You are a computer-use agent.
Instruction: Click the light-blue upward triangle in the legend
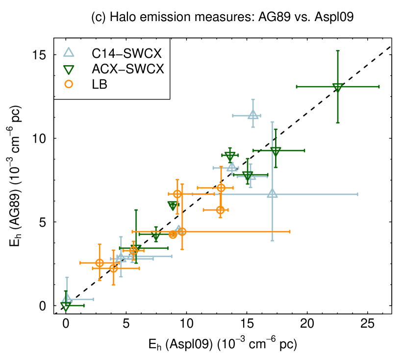pyautogui.click(x=69, y=52)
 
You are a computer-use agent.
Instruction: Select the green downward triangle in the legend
pyautogui.click(x=69, y=70)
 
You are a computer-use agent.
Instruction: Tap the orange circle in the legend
pyautogui.click(x=69, y=84)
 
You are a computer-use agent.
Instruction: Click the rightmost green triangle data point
pyautogui.click(x=337, y=87)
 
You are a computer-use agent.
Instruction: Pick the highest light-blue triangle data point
pyautogui.click(x=253, y=115)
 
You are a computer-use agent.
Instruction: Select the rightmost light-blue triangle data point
pyautogui.click(x=272, y=193)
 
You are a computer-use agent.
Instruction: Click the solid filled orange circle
pyautogui.click(x=173, y=235)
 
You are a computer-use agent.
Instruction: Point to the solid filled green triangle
pyautogui.click(x=173, y=205)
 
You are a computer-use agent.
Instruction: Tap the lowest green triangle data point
pyautogui.click(x=66, y=306)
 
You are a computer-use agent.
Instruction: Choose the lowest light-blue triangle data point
pyautogui.click(x=67, y=298)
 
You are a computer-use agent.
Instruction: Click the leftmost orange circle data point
pyautogui.click(x=100, y=263)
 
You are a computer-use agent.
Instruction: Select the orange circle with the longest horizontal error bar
pyautogui.click(x=182, y=232)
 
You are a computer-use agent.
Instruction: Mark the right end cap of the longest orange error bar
pyautogui.click(x=290, y=232)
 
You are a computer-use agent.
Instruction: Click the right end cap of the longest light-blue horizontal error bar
pyautogui.click(x=357, y=194)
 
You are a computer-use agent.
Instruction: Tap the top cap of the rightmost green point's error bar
pyautogui.click(x=338, y=51)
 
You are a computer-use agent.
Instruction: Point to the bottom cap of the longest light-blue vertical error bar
pyautogui.click(x=272, y=240)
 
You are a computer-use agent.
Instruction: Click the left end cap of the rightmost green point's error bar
pyautogui.click(x=297, y=87)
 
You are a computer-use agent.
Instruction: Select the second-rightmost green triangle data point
pyautogui.click(x=276, y=151)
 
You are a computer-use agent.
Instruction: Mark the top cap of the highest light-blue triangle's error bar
pyautogui.click(x=253, y=99)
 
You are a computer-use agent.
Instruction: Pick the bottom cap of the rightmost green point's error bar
pyautogui.click(x=338, y=123)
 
